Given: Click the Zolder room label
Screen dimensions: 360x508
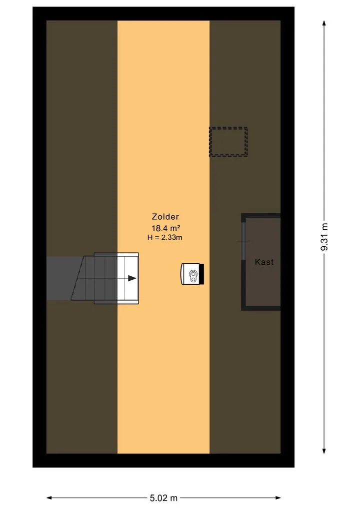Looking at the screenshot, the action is [x=165, y=217].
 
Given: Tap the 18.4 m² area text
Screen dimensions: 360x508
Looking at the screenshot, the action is [x=165, y=228].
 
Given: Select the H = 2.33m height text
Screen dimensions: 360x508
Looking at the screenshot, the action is [x=165, y=237].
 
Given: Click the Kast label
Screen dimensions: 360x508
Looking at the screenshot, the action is [x=264, y=262].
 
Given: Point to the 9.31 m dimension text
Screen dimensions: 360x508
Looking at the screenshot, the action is [x=324, y=237].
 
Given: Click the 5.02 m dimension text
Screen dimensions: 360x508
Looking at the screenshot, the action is [x=164, y=498].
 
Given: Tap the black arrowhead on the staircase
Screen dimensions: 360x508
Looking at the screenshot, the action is [x=132, y=278].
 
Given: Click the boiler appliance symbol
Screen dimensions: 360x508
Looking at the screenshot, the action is [x=192, y=274].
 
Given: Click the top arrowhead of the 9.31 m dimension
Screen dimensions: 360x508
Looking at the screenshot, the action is [x=324, y=23].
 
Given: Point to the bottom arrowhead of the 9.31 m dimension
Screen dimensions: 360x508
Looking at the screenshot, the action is [x=324, y=451].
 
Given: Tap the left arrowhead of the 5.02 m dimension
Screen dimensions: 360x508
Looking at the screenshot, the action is [x=50, y=498].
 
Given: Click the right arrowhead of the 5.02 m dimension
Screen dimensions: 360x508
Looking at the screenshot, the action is [x=277, y=498].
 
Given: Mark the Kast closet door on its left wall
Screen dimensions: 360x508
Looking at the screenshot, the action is [x=243, y=241].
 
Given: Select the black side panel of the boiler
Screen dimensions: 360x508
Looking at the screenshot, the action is [x=201, y=274].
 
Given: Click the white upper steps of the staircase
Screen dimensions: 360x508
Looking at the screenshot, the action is [x=128, y=278].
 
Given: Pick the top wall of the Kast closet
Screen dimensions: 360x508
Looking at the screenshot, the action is [x=261, y=215].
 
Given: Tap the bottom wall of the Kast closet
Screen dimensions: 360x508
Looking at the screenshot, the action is [x=261, y=308].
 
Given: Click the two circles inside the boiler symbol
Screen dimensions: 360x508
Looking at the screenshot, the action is [x=193, y=276].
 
